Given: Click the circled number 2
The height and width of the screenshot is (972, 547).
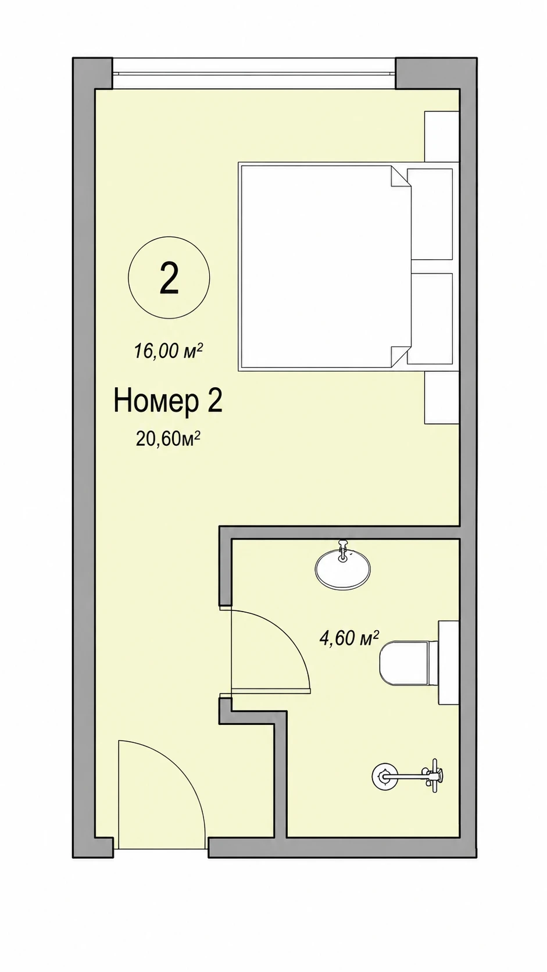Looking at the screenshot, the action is (169, 278).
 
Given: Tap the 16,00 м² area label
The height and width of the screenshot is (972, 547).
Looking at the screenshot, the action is (169, 351).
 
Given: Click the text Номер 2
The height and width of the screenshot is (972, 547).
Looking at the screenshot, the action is (168, 402).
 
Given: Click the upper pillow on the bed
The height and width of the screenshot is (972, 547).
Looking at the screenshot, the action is (430, 215).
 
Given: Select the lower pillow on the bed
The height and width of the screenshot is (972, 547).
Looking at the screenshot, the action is (430, 319).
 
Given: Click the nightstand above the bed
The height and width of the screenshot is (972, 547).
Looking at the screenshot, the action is (442, 137).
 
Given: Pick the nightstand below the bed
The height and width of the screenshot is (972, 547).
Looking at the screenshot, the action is (442, 396).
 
